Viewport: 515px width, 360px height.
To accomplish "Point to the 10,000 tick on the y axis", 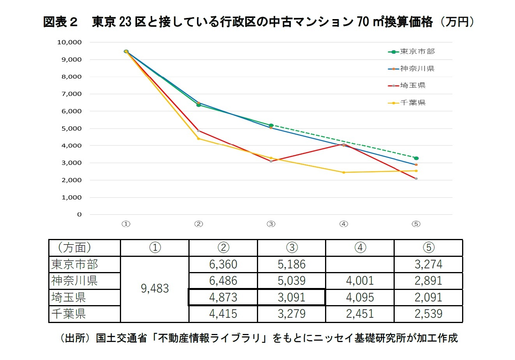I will (x=69, y=42).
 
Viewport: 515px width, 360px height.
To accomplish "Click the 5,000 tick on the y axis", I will (x=71, y=128).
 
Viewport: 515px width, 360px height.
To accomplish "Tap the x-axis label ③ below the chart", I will (x=271, y=224).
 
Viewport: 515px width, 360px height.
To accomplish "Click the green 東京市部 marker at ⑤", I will (x=416, y=158).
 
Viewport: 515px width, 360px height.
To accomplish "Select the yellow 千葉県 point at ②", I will (x=199, y=139).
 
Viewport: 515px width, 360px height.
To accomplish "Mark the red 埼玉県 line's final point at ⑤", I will (x=416, y=179).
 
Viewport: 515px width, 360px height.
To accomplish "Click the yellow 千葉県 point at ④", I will (x=343, y=172).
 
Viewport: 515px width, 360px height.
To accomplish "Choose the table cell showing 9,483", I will (x=155, y=289).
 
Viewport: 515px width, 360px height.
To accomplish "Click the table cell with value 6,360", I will (x=223, y=264).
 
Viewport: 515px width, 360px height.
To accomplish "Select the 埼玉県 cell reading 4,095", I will (x=360, y=297).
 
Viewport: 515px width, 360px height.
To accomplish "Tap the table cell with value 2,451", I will (x=360, y=314).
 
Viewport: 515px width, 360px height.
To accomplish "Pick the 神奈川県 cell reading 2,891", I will (x=428, y=281).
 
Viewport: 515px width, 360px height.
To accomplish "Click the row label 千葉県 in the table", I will (x=69, y=314).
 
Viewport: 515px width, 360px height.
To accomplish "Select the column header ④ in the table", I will (x=360, y=248).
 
